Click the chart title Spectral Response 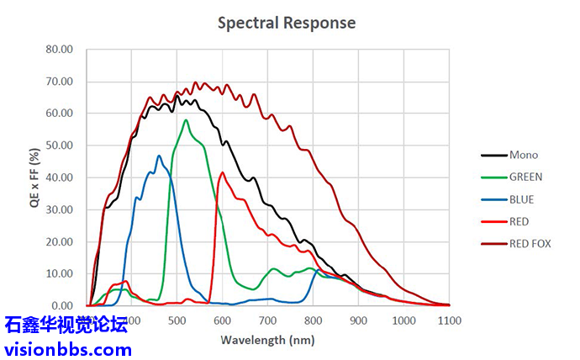click(287, 23)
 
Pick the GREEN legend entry click(525, 177)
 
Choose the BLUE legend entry click(521, 199)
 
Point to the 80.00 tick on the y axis click(59, 50)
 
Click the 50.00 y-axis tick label click(59, 146)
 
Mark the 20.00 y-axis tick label click(59, 241)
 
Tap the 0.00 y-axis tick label click(62, 306)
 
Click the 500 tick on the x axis click(177, 320)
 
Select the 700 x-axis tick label click(267, 320)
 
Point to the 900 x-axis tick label click(359, 320)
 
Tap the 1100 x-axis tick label click(450, 320)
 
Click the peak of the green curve click(186, 119)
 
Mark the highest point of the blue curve click(159, 156)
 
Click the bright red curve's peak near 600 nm click(223, 172)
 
